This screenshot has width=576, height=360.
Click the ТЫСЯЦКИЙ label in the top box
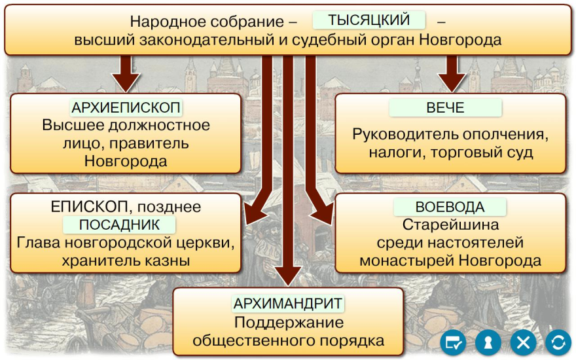pos(369,20)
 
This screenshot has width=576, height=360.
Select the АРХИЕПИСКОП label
pos(126,107)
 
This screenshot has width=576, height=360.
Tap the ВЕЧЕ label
pos(445,107)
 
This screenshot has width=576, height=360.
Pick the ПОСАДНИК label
pos(119,225)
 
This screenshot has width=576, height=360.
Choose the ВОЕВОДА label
pos(450,207)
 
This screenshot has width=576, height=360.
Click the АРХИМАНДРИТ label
pos(288,304)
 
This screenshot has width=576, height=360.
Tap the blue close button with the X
pos(523,342)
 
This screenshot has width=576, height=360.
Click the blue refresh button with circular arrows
pos(558,342)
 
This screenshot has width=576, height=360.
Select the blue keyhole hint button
pos(488,342)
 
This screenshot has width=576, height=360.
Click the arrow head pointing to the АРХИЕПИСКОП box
pos(126,82)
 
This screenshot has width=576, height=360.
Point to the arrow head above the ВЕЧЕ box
pos(452,82)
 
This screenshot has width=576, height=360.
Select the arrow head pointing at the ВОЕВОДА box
pos(323,214)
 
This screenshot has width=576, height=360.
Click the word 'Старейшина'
pos(450,225)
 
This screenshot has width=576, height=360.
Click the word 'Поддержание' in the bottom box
pos(289,323)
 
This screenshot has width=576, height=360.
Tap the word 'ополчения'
pos(505,134)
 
